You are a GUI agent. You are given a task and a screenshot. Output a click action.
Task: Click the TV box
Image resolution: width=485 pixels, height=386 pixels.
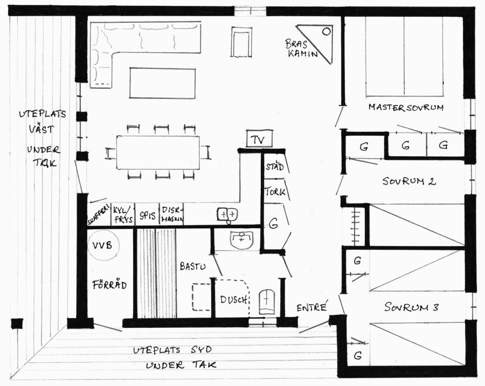click(260, 139)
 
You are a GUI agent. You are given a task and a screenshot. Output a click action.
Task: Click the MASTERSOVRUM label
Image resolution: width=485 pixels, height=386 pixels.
click(406, 107)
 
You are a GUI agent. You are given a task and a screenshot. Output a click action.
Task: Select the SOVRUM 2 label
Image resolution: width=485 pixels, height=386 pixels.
click(409, 181)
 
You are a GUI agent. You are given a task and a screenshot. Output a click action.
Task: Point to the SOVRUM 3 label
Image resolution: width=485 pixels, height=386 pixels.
click(411, 307)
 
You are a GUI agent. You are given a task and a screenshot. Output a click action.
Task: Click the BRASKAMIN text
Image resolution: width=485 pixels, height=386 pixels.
click(301, 48)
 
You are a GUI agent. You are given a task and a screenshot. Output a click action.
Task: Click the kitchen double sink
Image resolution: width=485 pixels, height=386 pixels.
click(227, 215)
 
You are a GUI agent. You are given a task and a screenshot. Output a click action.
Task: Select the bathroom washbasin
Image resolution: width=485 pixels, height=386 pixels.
click(241, 240)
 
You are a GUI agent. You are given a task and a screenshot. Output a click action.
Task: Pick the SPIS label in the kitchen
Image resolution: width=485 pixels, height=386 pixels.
click(147, 215)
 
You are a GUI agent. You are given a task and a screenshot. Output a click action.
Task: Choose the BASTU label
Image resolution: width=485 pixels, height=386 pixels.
click(193, 266)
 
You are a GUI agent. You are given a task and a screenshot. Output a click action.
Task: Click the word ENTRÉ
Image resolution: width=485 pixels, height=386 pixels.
click(312, 307)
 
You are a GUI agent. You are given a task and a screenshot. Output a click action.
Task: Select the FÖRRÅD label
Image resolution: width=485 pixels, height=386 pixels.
click(110, 284)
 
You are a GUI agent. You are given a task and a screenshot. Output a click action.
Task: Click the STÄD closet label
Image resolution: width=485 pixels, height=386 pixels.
click(275, 166)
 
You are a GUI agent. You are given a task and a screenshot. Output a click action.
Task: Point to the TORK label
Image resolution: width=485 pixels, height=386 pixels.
click(275, 192)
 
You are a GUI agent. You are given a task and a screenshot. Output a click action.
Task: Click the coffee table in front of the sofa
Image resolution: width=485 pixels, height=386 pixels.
click(162, 83)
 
